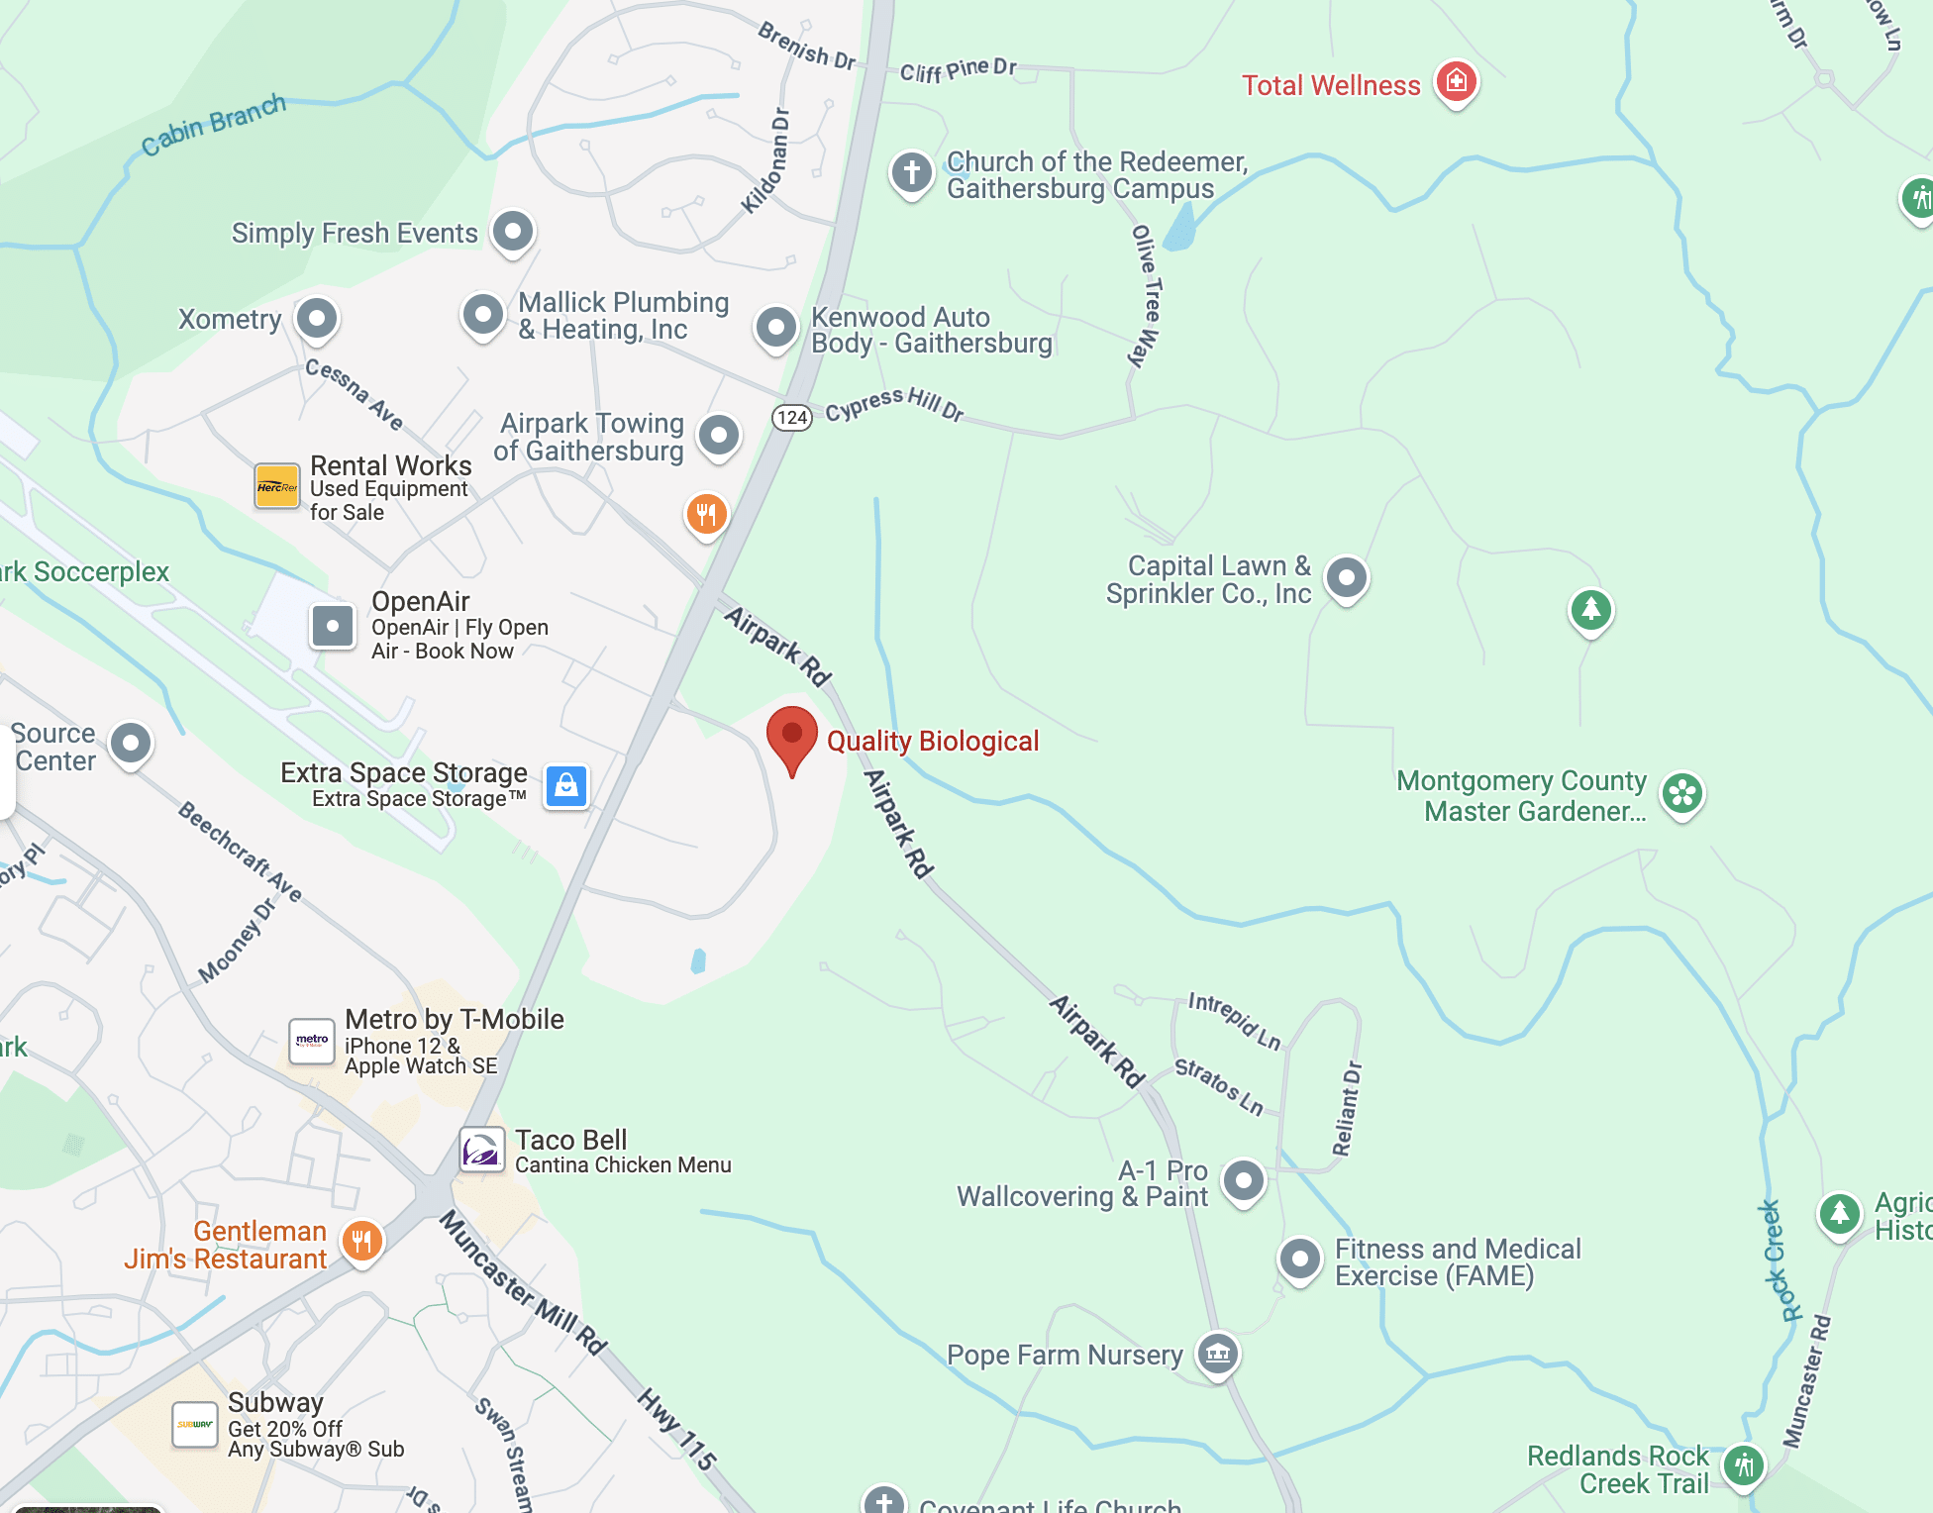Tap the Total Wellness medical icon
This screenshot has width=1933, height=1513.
(1456, 81)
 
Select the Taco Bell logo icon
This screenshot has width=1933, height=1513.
(482, 1151)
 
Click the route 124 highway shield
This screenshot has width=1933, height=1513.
(792, 418)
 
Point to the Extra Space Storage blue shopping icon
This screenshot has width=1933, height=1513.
(566, 787)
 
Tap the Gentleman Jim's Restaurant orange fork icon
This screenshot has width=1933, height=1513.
(361, 1241)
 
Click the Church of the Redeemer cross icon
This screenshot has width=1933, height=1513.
(911, 173)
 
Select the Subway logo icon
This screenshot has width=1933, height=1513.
(195, 1425)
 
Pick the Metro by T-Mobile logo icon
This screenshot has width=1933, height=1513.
(312, 1041)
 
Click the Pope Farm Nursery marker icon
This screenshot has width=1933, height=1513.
(1217, 1353)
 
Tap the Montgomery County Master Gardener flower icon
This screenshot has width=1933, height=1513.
(1682, 793)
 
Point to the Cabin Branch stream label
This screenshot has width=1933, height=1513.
(213, 125)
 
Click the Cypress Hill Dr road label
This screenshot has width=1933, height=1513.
(894, 404)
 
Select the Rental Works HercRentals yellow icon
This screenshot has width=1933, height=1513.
(277, 486)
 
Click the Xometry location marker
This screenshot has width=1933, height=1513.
(317, 319)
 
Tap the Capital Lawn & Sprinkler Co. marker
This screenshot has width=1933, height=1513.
(1346, 577)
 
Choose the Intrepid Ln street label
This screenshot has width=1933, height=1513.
(1235, 1021)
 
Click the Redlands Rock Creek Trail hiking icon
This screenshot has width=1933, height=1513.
(1744, 1465)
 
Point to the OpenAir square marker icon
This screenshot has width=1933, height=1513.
(333, 626)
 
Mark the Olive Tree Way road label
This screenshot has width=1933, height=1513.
(1146, 295)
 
